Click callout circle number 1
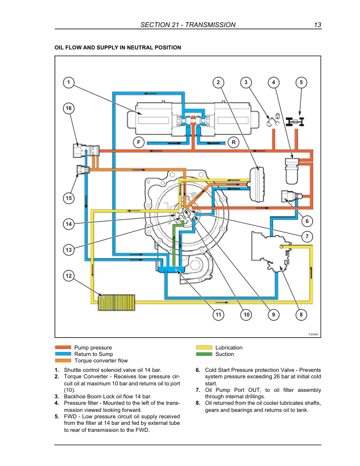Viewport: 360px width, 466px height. [69, 82]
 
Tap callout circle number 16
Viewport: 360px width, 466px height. [69, 109]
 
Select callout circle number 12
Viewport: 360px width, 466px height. [69, 275]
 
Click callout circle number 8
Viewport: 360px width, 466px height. [301, 315]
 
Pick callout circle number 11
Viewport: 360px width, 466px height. [218, 315]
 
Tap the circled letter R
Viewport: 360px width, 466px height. [234, 142]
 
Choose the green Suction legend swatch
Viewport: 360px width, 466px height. [204, 355]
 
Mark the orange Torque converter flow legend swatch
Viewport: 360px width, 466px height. [62, 361]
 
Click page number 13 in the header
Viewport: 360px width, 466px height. [317, 25]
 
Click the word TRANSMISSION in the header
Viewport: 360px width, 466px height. [211, 25]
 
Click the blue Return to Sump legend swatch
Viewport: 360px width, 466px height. [62, 355]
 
